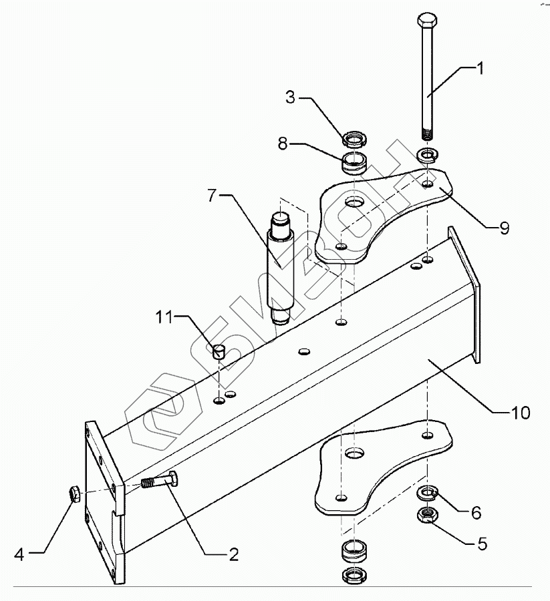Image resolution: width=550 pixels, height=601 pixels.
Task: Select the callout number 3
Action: tap(291, 98)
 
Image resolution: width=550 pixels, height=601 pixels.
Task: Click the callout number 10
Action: tap(521, 412)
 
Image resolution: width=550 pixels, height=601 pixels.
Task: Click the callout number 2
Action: tap(233, 553)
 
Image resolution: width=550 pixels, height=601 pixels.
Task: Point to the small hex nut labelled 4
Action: tap(75, 495)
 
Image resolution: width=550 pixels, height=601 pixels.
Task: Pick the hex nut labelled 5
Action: tap(426, 515)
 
